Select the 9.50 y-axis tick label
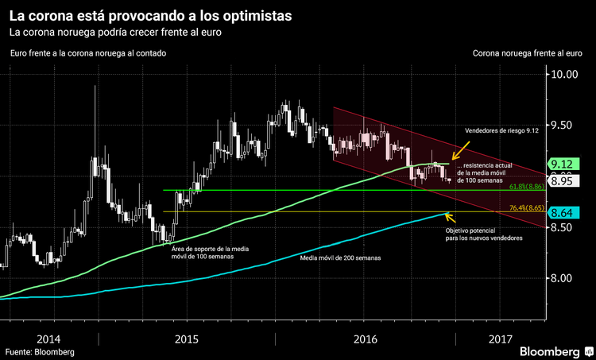click(x=566, y=126)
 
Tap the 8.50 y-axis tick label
click(x=566, y=227)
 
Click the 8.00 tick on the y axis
click(x=566, y=278)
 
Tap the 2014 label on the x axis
click(x=48, y=338)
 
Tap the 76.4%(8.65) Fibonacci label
click(x=524, y=208)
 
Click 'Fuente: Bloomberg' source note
click(x=40, y=351)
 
